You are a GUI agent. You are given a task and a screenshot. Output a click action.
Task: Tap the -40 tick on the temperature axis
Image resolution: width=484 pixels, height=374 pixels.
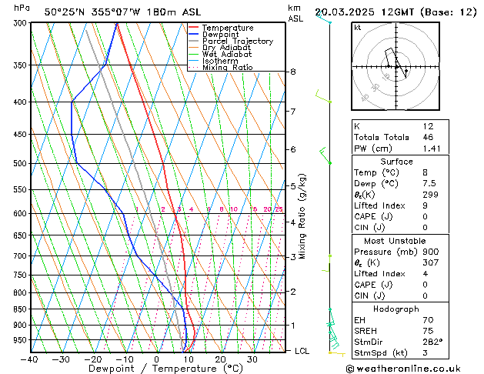[x=30, y=359]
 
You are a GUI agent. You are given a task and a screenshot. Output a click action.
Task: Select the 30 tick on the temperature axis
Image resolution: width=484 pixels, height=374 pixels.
[x=252, y=359]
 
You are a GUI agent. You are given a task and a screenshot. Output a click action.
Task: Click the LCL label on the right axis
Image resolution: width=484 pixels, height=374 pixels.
[x=303, y=351]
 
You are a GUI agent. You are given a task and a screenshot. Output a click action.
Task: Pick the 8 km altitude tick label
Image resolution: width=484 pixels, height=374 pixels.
[x=293, y=72]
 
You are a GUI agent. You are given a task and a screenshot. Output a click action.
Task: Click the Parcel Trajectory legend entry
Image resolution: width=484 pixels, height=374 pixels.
[x=237, y=42]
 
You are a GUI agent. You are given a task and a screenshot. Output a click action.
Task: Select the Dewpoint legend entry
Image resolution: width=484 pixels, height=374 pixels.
[x=220, y=35]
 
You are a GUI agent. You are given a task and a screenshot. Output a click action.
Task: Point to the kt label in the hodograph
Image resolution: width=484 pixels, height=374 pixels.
[x=358, y=28]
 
